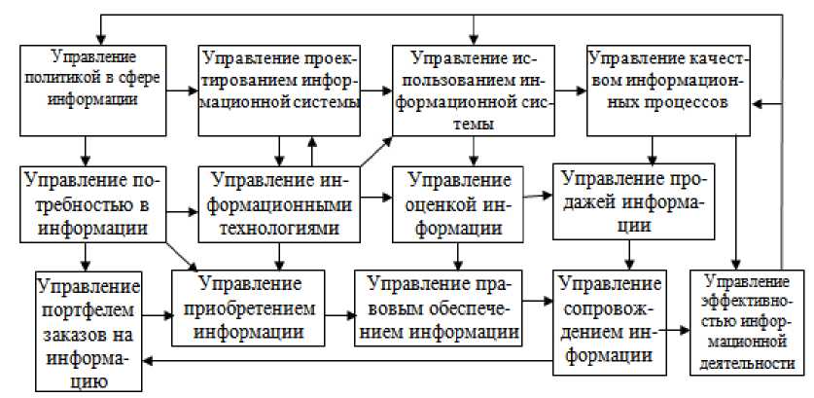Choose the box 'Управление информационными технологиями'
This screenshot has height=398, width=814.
(279, 204)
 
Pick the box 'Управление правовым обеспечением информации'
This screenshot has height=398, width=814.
(441, 307)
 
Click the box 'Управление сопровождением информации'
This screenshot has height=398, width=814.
(612, 321)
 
